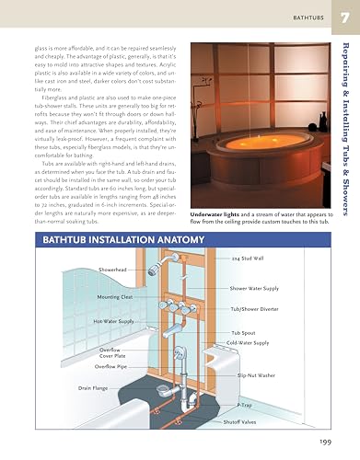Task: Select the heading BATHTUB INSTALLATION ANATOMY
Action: click(x=107, y=241)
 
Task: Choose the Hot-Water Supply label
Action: click(x=113, y=321)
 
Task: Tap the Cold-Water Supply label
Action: click(x=249, y=342)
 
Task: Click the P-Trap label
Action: click(x=245, y=405)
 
